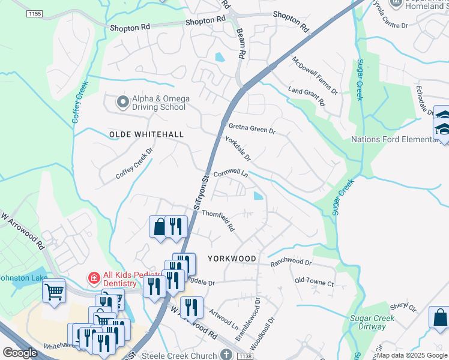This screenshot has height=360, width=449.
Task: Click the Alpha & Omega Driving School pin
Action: [123, 103]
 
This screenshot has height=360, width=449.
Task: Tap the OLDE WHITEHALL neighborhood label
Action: [146, 134]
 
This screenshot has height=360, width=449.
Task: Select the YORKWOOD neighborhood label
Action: [232, 258]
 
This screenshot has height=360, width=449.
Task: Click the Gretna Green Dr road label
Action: [252, 128]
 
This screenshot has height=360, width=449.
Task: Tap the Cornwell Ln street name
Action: [231, 173]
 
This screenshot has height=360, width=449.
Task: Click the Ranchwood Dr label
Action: [291, 262]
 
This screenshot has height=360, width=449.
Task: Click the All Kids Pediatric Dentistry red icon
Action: [93, 278]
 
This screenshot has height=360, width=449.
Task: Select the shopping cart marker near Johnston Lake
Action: [54, 292]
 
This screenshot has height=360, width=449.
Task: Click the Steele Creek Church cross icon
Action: [226, 355]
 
